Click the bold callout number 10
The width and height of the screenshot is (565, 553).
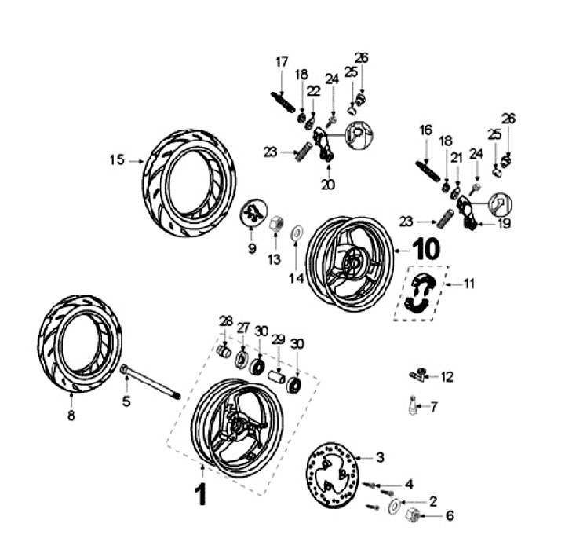pos(426,249)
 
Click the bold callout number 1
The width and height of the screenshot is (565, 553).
pos(201,495)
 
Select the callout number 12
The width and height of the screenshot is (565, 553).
pos(447,377)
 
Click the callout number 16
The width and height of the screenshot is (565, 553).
pos(426,130)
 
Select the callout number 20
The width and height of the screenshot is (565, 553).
pos(327,185)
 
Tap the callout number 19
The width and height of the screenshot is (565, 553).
pos(502,224)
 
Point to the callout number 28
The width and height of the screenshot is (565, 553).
pos(226,320)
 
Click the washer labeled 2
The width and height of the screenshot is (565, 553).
pos(392,504)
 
